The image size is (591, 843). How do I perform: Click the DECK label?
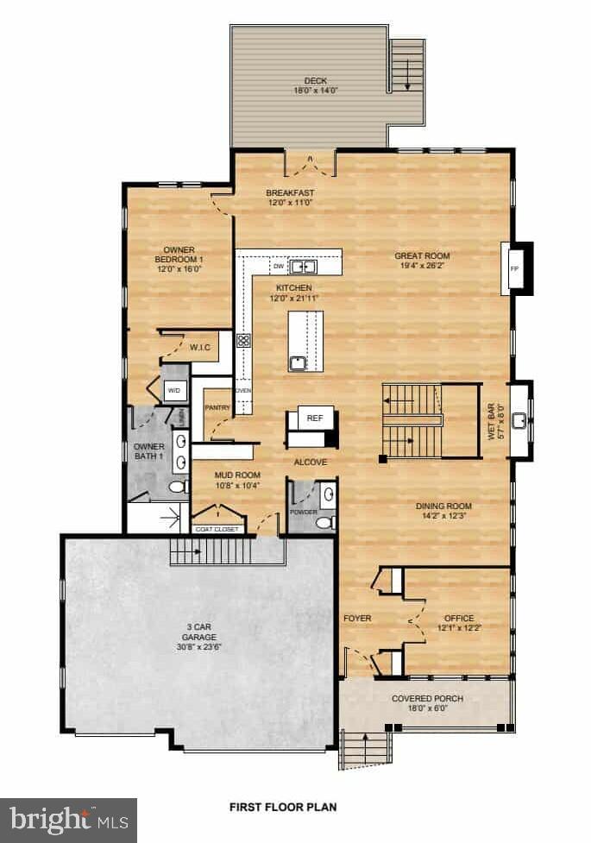(309, 80)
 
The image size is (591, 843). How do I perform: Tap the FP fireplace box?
(514, 267)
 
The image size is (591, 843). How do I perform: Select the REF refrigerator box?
(315, 418)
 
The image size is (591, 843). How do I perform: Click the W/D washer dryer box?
(174, 391)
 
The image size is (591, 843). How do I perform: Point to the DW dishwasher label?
(279, 267)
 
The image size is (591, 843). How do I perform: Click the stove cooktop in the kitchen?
(243, 340)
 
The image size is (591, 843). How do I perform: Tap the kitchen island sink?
(298, 362)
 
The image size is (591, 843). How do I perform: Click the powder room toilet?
(324, 523)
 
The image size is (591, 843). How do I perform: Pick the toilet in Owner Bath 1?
(176, 488)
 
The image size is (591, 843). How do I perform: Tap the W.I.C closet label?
(200, 348)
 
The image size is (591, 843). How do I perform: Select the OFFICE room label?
(458, 618)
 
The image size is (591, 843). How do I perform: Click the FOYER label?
(356, 618)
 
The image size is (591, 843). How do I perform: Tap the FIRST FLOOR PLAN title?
(283, 808)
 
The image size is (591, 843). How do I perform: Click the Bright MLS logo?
(68, 818)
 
